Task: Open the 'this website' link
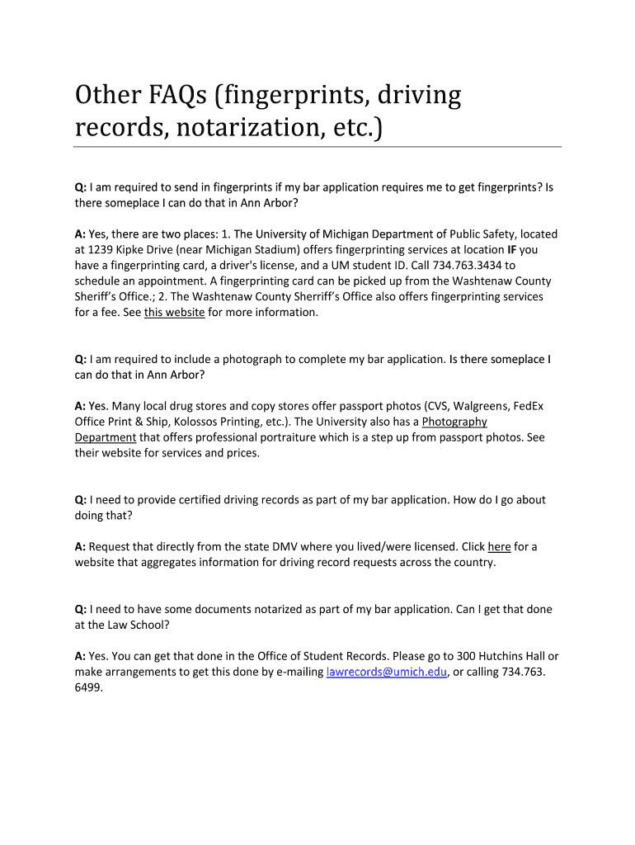(174, 313)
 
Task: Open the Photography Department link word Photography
(454, 422)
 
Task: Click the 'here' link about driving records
(499, 546)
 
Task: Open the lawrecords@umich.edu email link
(387, 673)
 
